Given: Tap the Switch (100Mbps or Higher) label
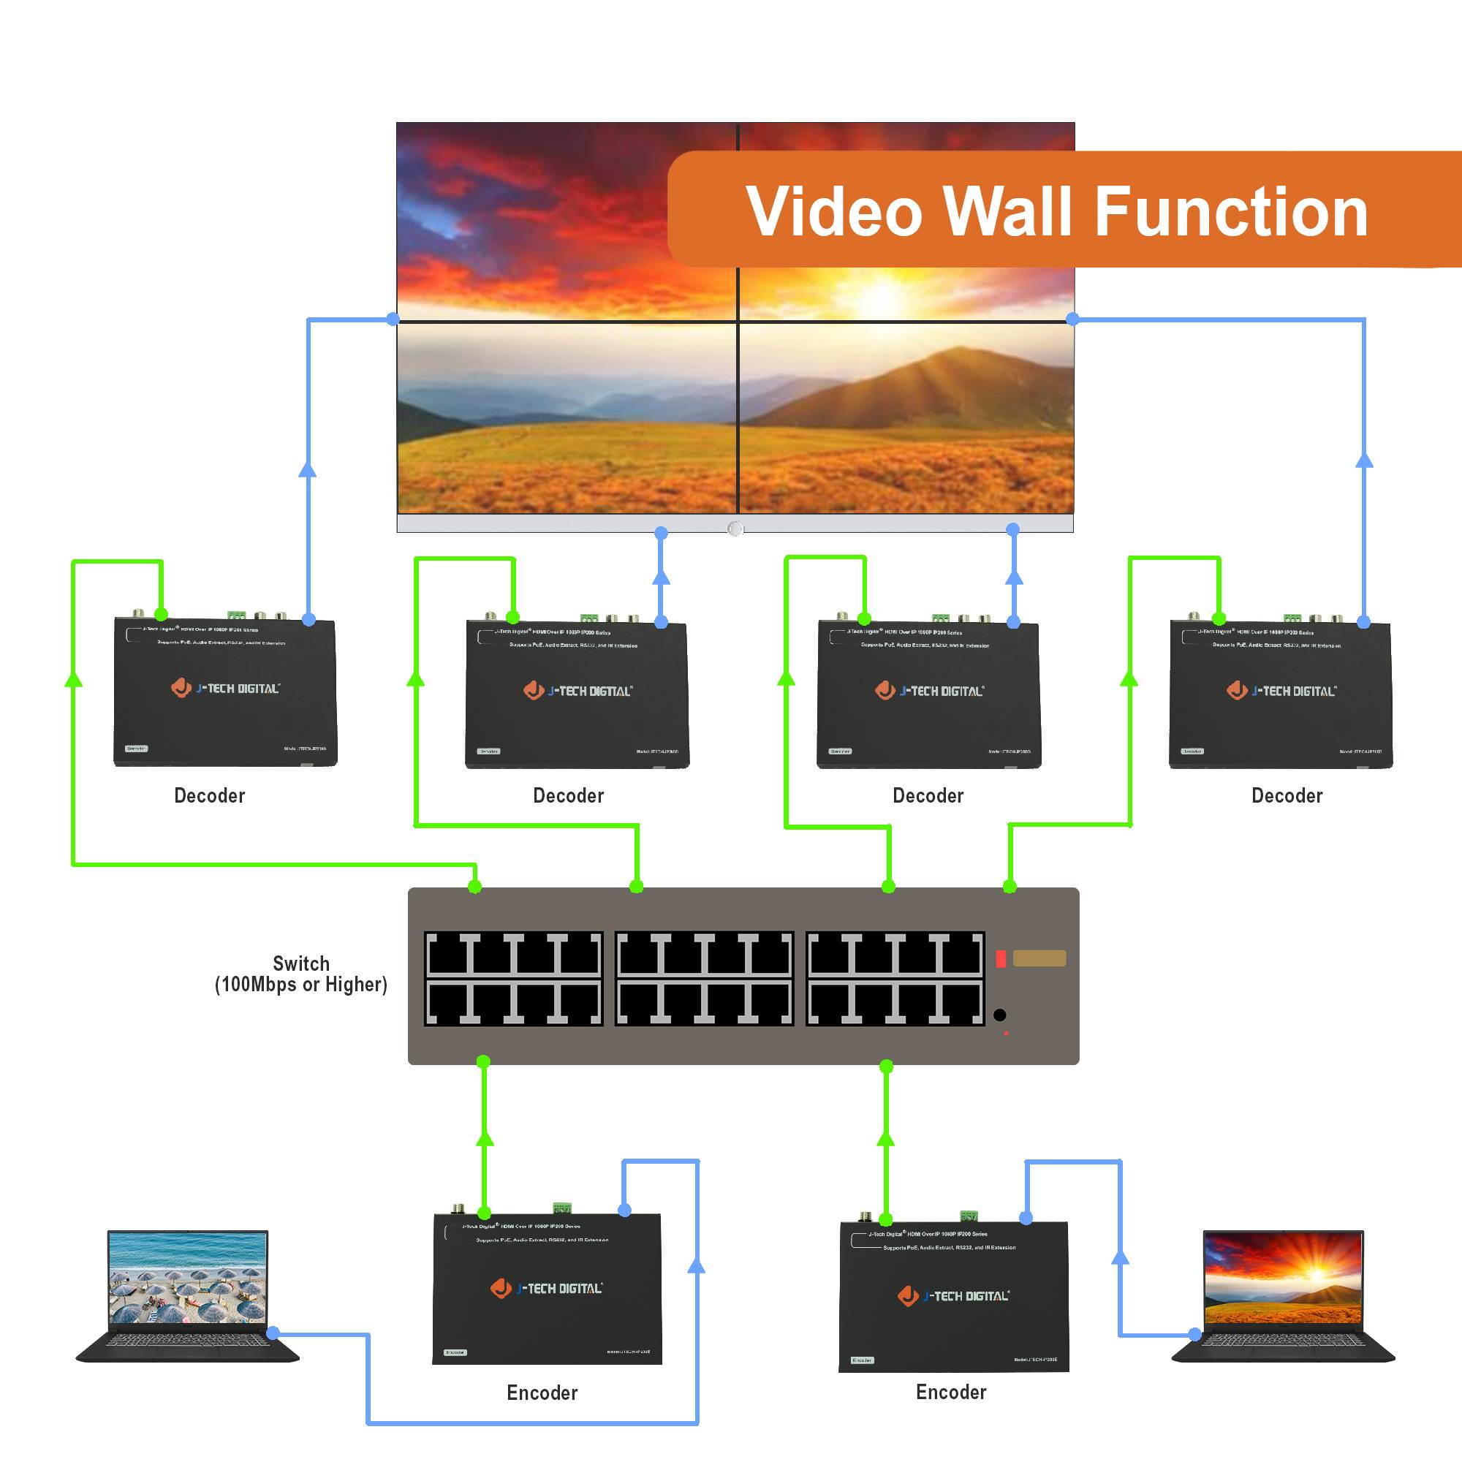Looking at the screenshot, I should click(x=301, y=974).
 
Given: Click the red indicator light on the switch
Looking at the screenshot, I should click(x=1001, y=959).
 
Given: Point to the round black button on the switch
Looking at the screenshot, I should click(x=999, y=1015).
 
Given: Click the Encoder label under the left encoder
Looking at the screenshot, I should click(x=542, y=1393).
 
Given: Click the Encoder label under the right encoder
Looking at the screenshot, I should click(x=950, y=1393).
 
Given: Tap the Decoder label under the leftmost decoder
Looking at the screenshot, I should click(x=210, y=795).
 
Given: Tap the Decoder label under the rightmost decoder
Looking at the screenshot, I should click(x=1287, y=795).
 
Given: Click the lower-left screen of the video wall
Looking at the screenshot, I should click(x=566, y=417).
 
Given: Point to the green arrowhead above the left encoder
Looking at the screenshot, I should click(x=485, y=1138).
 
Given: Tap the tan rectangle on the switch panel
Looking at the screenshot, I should click(x=1039, y=958).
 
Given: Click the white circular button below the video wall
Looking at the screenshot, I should click(x=735, y=529).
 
